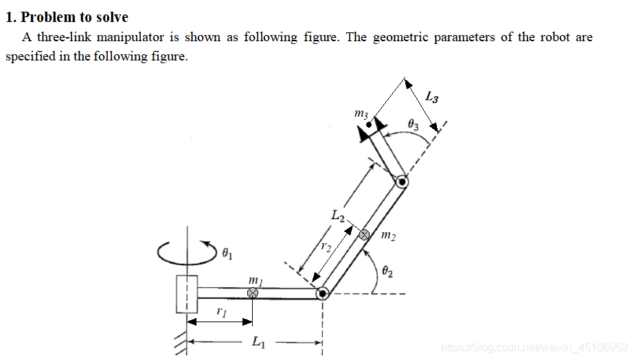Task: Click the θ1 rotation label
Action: point(227,254)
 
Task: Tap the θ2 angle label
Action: point(387,271)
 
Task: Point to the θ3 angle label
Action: point(413,124)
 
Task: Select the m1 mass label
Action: point(256,280)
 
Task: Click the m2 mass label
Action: point(389,235)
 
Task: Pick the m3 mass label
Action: point(361,114)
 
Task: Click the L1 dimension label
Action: point(258,342)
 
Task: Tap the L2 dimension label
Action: point(338,215)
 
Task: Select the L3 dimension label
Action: point(432,97)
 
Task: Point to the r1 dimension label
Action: point(222,311)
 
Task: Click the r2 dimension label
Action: point(326,247)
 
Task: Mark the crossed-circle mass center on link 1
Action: point(253,293)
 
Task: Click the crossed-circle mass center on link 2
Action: point(364,235)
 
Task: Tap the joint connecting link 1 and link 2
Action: point(322,293)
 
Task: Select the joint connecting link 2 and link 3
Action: point(402,182)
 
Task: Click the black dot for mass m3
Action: point(369,125)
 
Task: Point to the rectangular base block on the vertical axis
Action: point(187,294)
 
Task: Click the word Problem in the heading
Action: point(48,17)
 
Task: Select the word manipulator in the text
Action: point(131,37)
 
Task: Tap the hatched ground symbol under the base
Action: point(181,343)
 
